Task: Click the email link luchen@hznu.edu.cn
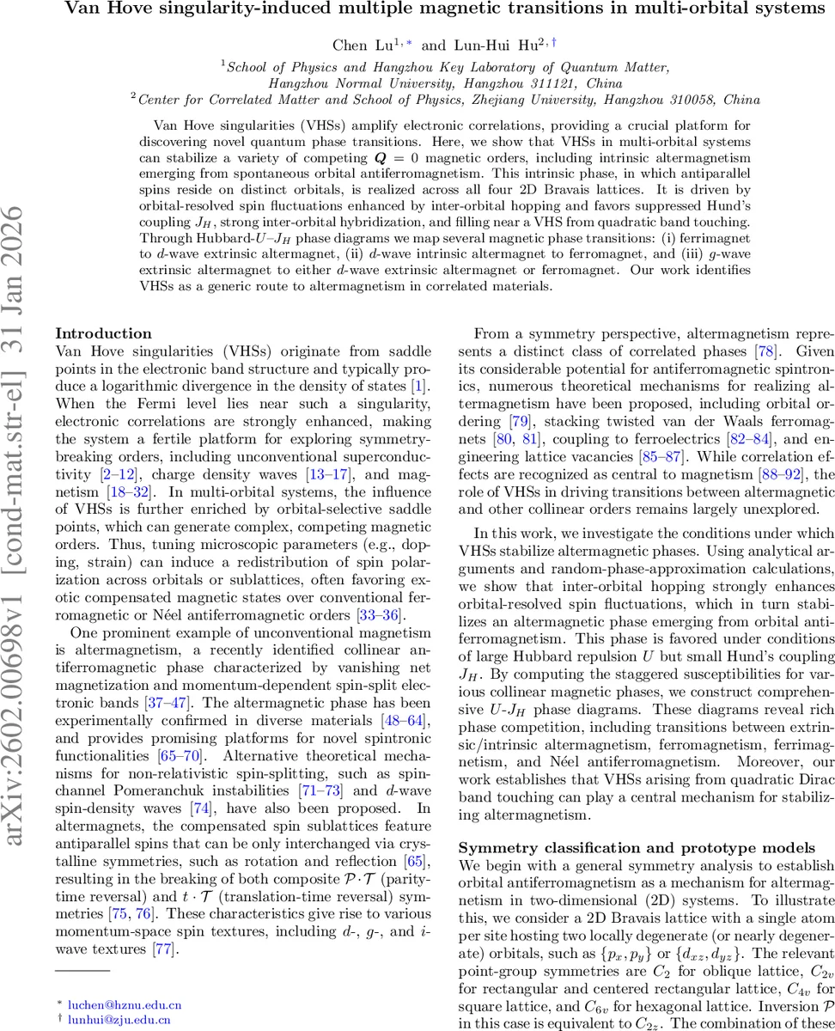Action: coord(125,1003)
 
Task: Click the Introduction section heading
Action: coord(103,332)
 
